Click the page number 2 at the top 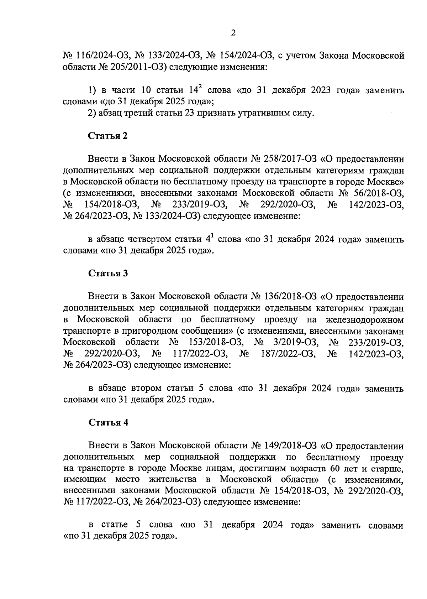233,33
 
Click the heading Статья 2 108,136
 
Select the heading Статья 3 108,274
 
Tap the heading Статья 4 108,422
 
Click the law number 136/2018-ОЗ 291,296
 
